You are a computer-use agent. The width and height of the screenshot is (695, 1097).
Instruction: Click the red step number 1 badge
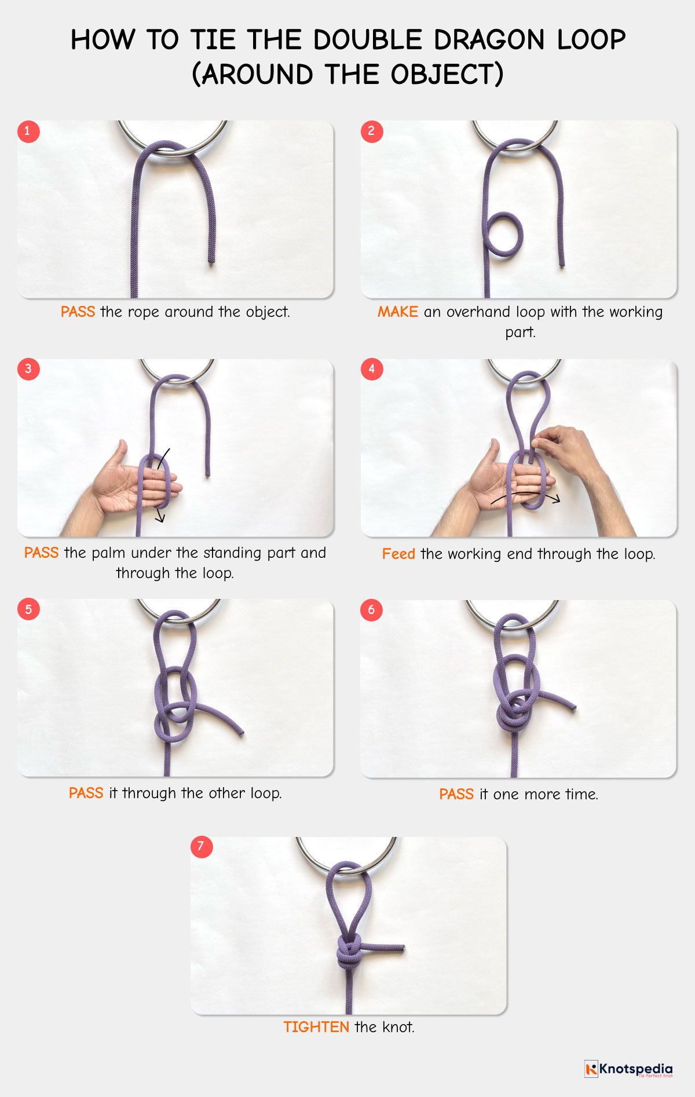click(28, 131)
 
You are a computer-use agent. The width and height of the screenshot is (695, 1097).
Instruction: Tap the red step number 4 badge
click(371, 370)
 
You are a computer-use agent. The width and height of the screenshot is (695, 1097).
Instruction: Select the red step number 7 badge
click(201, 847)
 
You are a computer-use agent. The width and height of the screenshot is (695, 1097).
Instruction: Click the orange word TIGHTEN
click(316, 1027)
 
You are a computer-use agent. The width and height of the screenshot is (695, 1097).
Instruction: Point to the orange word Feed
click(398, 554)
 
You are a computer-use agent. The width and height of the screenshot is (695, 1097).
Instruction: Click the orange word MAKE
click(397, 312)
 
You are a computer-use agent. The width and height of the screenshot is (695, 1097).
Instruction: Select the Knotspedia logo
click(628, 1069)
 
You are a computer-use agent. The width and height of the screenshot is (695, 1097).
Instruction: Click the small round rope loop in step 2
click(503, 235)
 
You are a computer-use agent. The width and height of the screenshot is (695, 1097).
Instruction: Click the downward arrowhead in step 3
click(161, 520)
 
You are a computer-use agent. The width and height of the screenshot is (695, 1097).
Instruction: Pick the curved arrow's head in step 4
click(557, 499)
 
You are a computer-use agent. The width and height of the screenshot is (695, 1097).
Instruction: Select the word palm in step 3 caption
click(108, 553)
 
